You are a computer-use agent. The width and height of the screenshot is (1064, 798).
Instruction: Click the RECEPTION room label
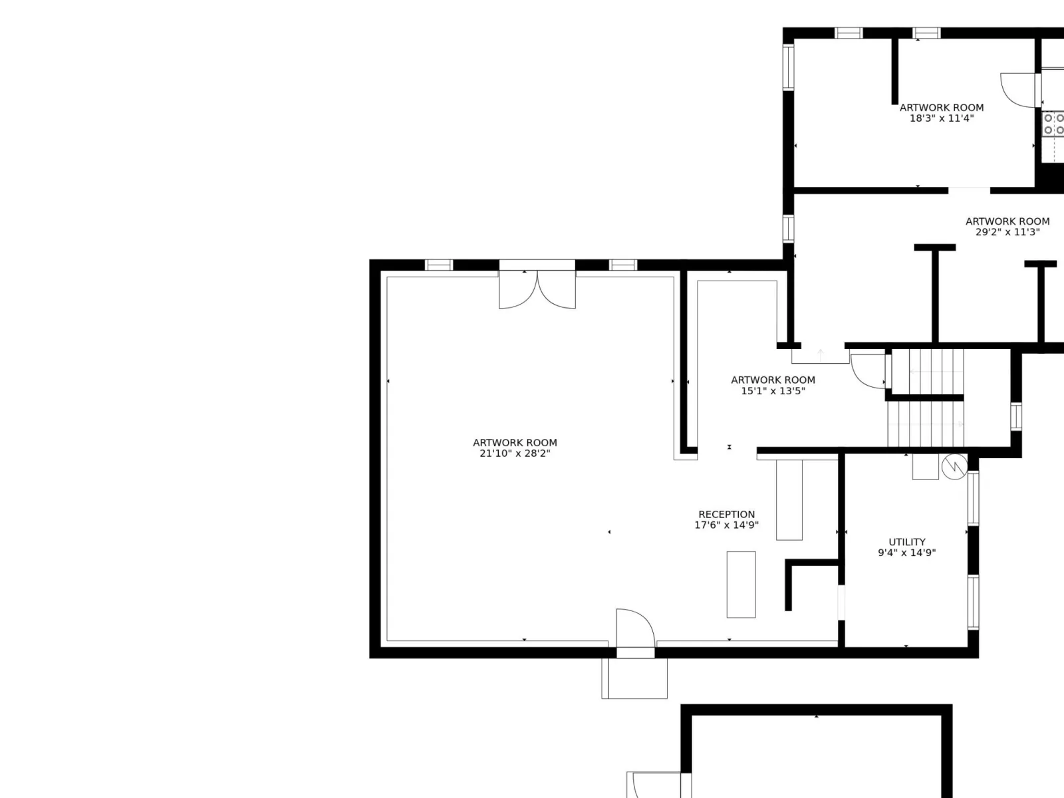726,514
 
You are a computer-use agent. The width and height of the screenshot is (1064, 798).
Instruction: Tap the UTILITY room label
906,542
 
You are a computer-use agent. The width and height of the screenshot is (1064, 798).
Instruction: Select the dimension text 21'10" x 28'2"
515,453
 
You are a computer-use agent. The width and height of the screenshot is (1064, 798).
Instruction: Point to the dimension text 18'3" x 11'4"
942,118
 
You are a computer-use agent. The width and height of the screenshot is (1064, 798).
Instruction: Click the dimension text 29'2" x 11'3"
1007,232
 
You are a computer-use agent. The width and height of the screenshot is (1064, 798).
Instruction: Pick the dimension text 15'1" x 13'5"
773,391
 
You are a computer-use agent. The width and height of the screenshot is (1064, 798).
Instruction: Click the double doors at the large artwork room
537,289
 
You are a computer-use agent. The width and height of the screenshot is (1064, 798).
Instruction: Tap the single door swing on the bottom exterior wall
636,628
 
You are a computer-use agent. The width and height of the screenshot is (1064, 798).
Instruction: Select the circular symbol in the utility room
954,467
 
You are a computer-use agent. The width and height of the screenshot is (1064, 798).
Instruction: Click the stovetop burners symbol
1053,124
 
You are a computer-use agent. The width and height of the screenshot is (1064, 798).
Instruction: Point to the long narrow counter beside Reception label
789,499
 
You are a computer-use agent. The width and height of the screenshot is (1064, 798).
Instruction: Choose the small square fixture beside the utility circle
926,467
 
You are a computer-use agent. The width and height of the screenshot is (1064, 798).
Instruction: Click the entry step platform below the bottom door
634,678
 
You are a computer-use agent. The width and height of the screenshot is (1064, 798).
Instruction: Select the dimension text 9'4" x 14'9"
906,553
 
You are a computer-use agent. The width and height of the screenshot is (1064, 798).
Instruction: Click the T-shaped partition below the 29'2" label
935,294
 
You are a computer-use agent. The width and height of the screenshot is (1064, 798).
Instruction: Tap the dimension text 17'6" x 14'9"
726,525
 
